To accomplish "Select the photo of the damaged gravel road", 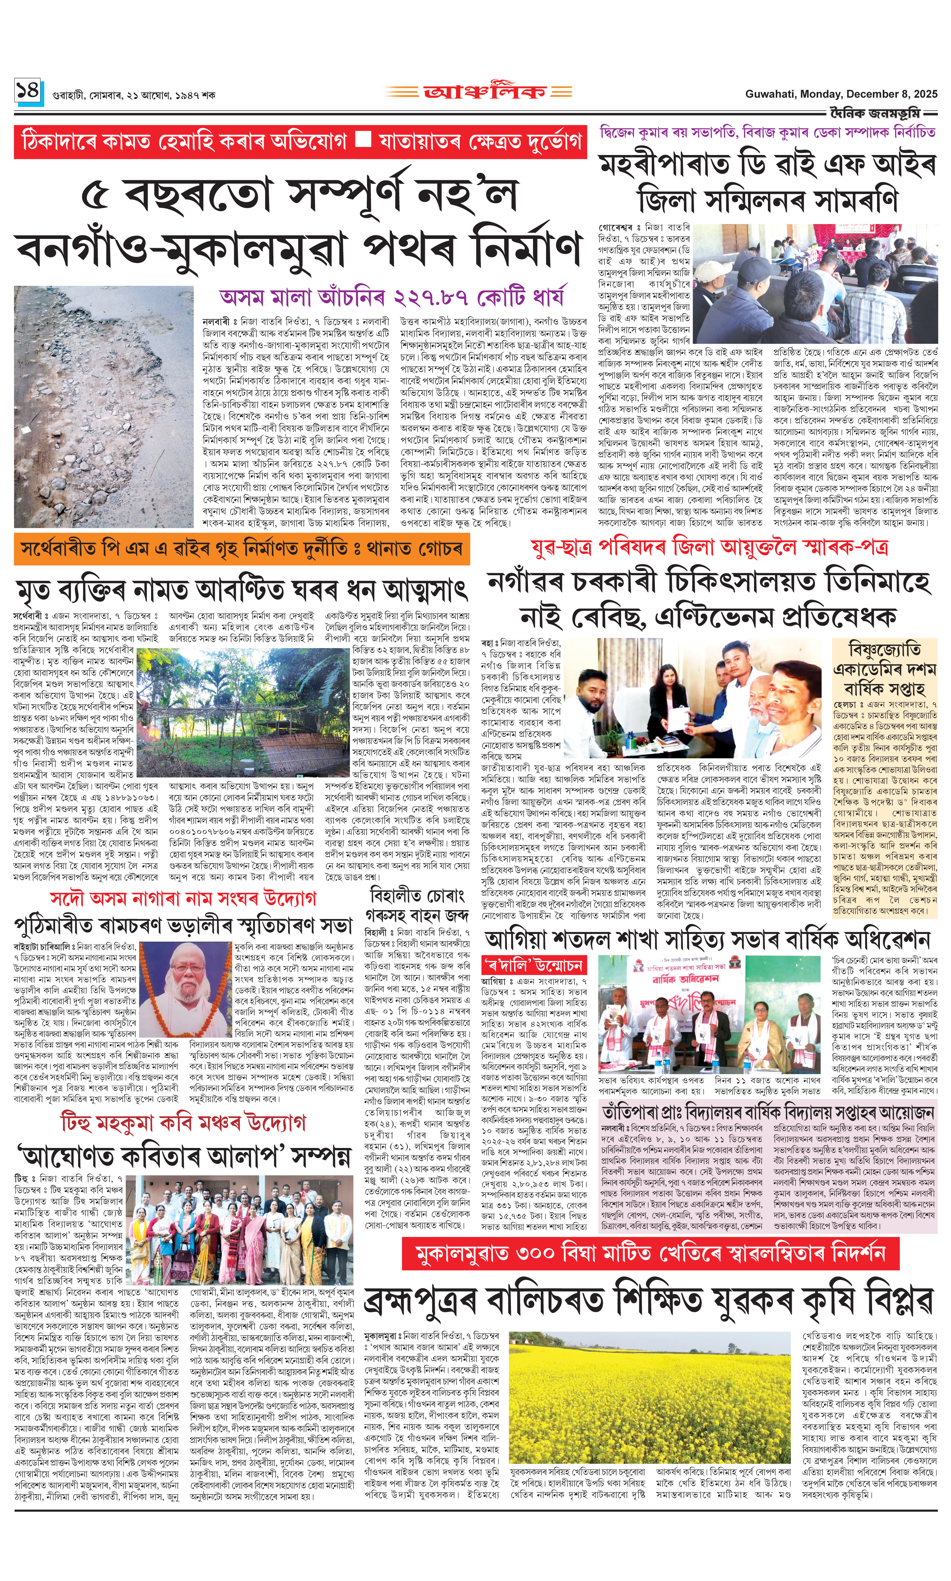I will point(104,406).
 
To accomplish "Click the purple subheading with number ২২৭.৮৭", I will point(391,297).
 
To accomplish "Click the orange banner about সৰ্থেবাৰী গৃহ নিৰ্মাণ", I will point(242,549).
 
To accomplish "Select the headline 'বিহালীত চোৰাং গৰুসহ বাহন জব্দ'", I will point(414,904).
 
